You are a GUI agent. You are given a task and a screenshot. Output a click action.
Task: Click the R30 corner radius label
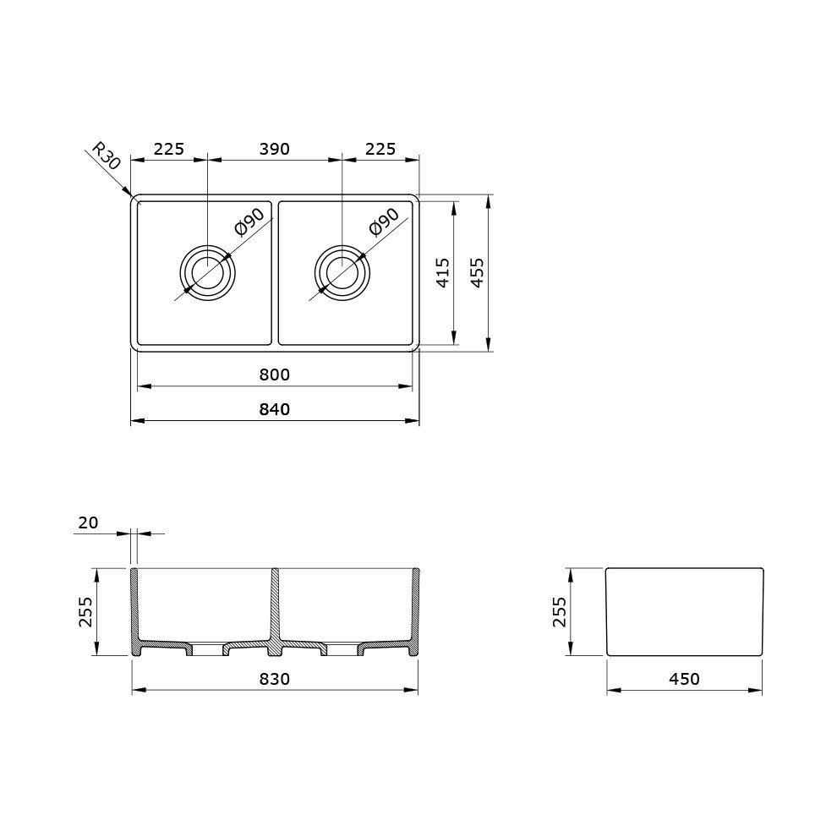click(107, 156)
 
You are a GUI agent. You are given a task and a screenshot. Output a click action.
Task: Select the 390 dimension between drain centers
click(275, 149)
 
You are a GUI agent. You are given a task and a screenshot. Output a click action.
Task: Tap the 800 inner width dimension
click(275, 375)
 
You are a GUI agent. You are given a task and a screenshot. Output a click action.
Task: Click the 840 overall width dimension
click(275, 409)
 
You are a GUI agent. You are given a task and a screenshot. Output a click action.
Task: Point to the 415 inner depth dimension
click(443, 273)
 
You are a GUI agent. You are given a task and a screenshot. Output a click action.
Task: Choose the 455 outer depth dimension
click(478, 273)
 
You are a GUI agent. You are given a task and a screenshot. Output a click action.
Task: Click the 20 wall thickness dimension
click(88, 522)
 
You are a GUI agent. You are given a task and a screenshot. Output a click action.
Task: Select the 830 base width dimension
click(275, 679)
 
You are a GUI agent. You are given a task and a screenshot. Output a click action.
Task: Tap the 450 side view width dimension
click(684, 679)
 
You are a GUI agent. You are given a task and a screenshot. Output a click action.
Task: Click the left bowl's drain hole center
click(207, 273)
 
